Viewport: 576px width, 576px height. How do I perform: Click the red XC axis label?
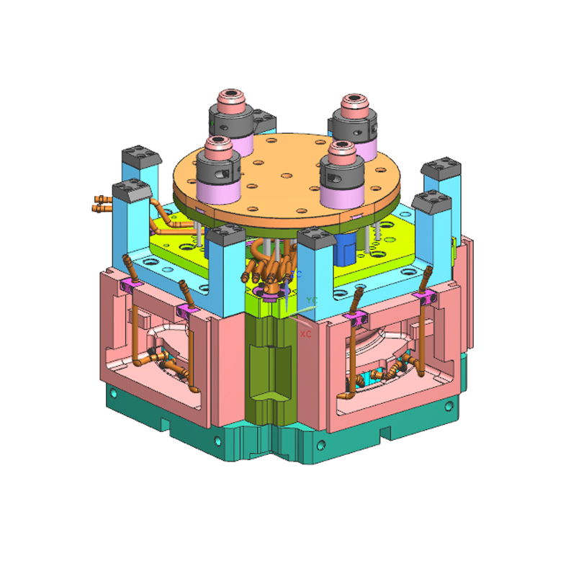[305, 336]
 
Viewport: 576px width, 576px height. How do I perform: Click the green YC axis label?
[311, 299]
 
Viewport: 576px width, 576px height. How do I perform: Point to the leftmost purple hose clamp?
[129, 287]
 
